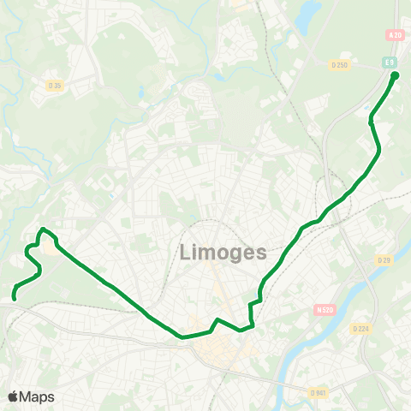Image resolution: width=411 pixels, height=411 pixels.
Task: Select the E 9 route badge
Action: point(388,63)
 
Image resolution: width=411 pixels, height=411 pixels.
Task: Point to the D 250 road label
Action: point(340,64)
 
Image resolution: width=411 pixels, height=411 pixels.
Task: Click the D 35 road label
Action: point(55,85)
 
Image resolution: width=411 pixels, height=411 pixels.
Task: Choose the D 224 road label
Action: point(360,328)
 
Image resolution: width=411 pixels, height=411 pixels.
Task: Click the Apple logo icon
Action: point(14,396)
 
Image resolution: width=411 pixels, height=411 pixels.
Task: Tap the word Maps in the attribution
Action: point(37,396)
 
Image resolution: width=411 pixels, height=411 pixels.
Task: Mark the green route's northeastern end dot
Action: point(395,75)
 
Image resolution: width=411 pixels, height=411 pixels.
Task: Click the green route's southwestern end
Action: point(15,298)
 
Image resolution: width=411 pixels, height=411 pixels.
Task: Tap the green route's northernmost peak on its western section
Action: point(43,229)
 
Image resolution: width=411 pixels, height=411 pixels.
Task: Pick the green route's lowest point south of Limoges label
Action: point(182,337)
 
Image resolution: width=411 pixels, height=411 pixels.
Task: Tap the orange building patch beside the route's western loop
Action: point(53,250)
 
